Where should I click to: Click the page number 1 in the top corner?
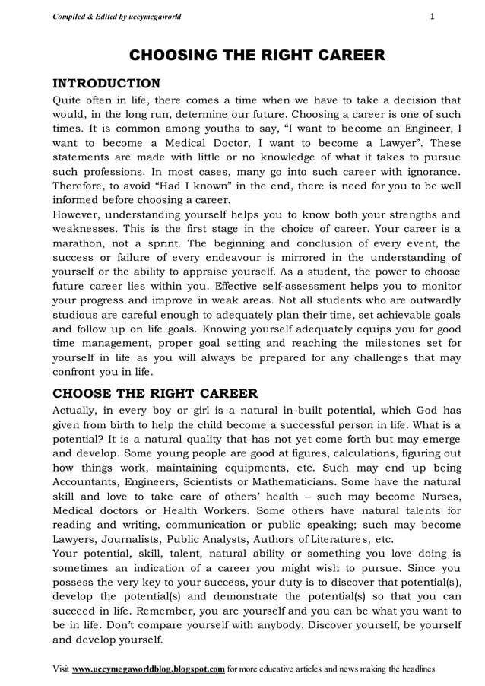tap(432, 16)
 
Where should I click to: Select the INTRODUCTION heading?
tap(106, 83)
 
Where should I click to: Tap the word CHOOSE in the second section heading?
tap(80, 393)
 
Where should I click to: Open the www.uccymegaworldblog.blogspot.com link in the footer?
tap(148, 669)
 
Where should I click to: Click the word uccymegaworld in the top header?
tap(155, 16)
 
